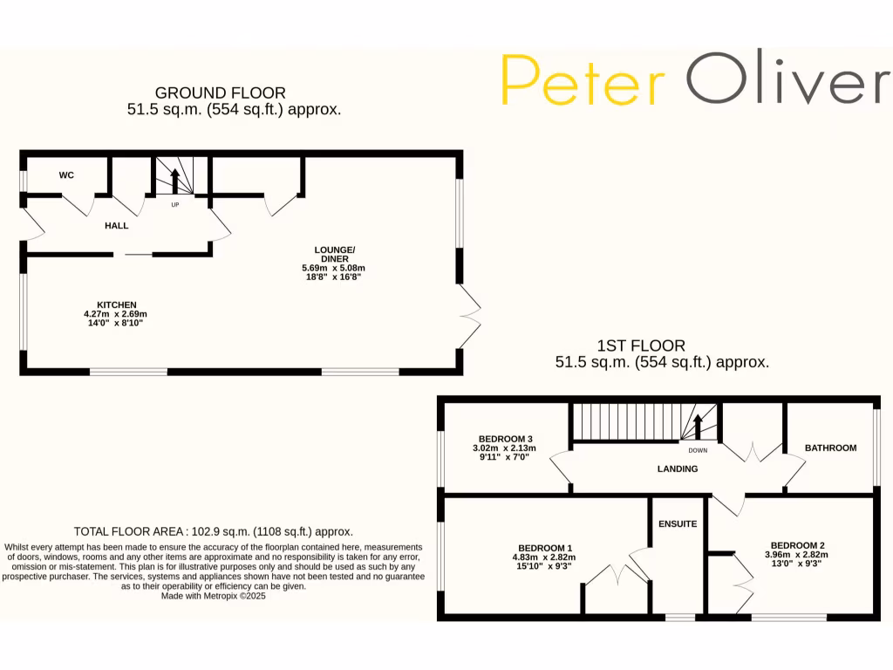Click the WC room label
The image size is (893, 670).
coord(66,175)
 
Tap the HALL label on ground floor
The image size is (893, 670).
coord(116,226)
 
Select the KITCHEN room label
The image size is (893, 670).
coord(116,304)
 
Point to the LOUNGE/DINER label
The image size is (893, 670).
coord(335,254)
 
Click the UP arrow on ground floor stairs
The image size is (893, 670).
coord(174,181)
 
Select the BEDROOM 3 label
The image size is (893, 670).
coord(505,439)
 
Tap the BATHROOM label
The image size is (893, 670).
coord(830,448)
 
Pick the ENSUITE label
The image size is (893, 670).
coord(678,524)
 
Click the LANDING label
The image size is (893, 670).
coord(678,469)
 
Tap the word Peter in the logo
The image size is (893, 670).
coord(583,80)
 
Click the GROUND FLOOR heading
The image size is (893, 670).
coord(220,92)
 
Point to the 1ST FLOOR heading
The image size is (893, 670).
coord(641,345)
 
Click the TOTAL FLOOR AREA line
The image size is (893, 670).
coord(213,531)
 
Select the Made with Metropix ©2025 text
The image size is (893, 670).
coord(213,597)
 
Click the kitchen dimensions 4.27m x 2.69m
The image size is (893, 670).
coord(116,314)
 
